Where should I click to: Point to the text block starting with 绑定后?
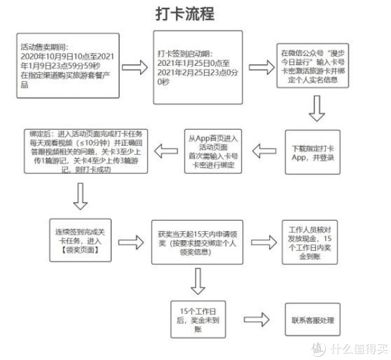[87, 152]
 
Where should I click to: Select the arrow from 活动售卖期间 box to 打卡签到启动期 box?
[135, 67]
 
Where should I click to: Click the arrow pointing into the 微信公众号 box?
[254, 67]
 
